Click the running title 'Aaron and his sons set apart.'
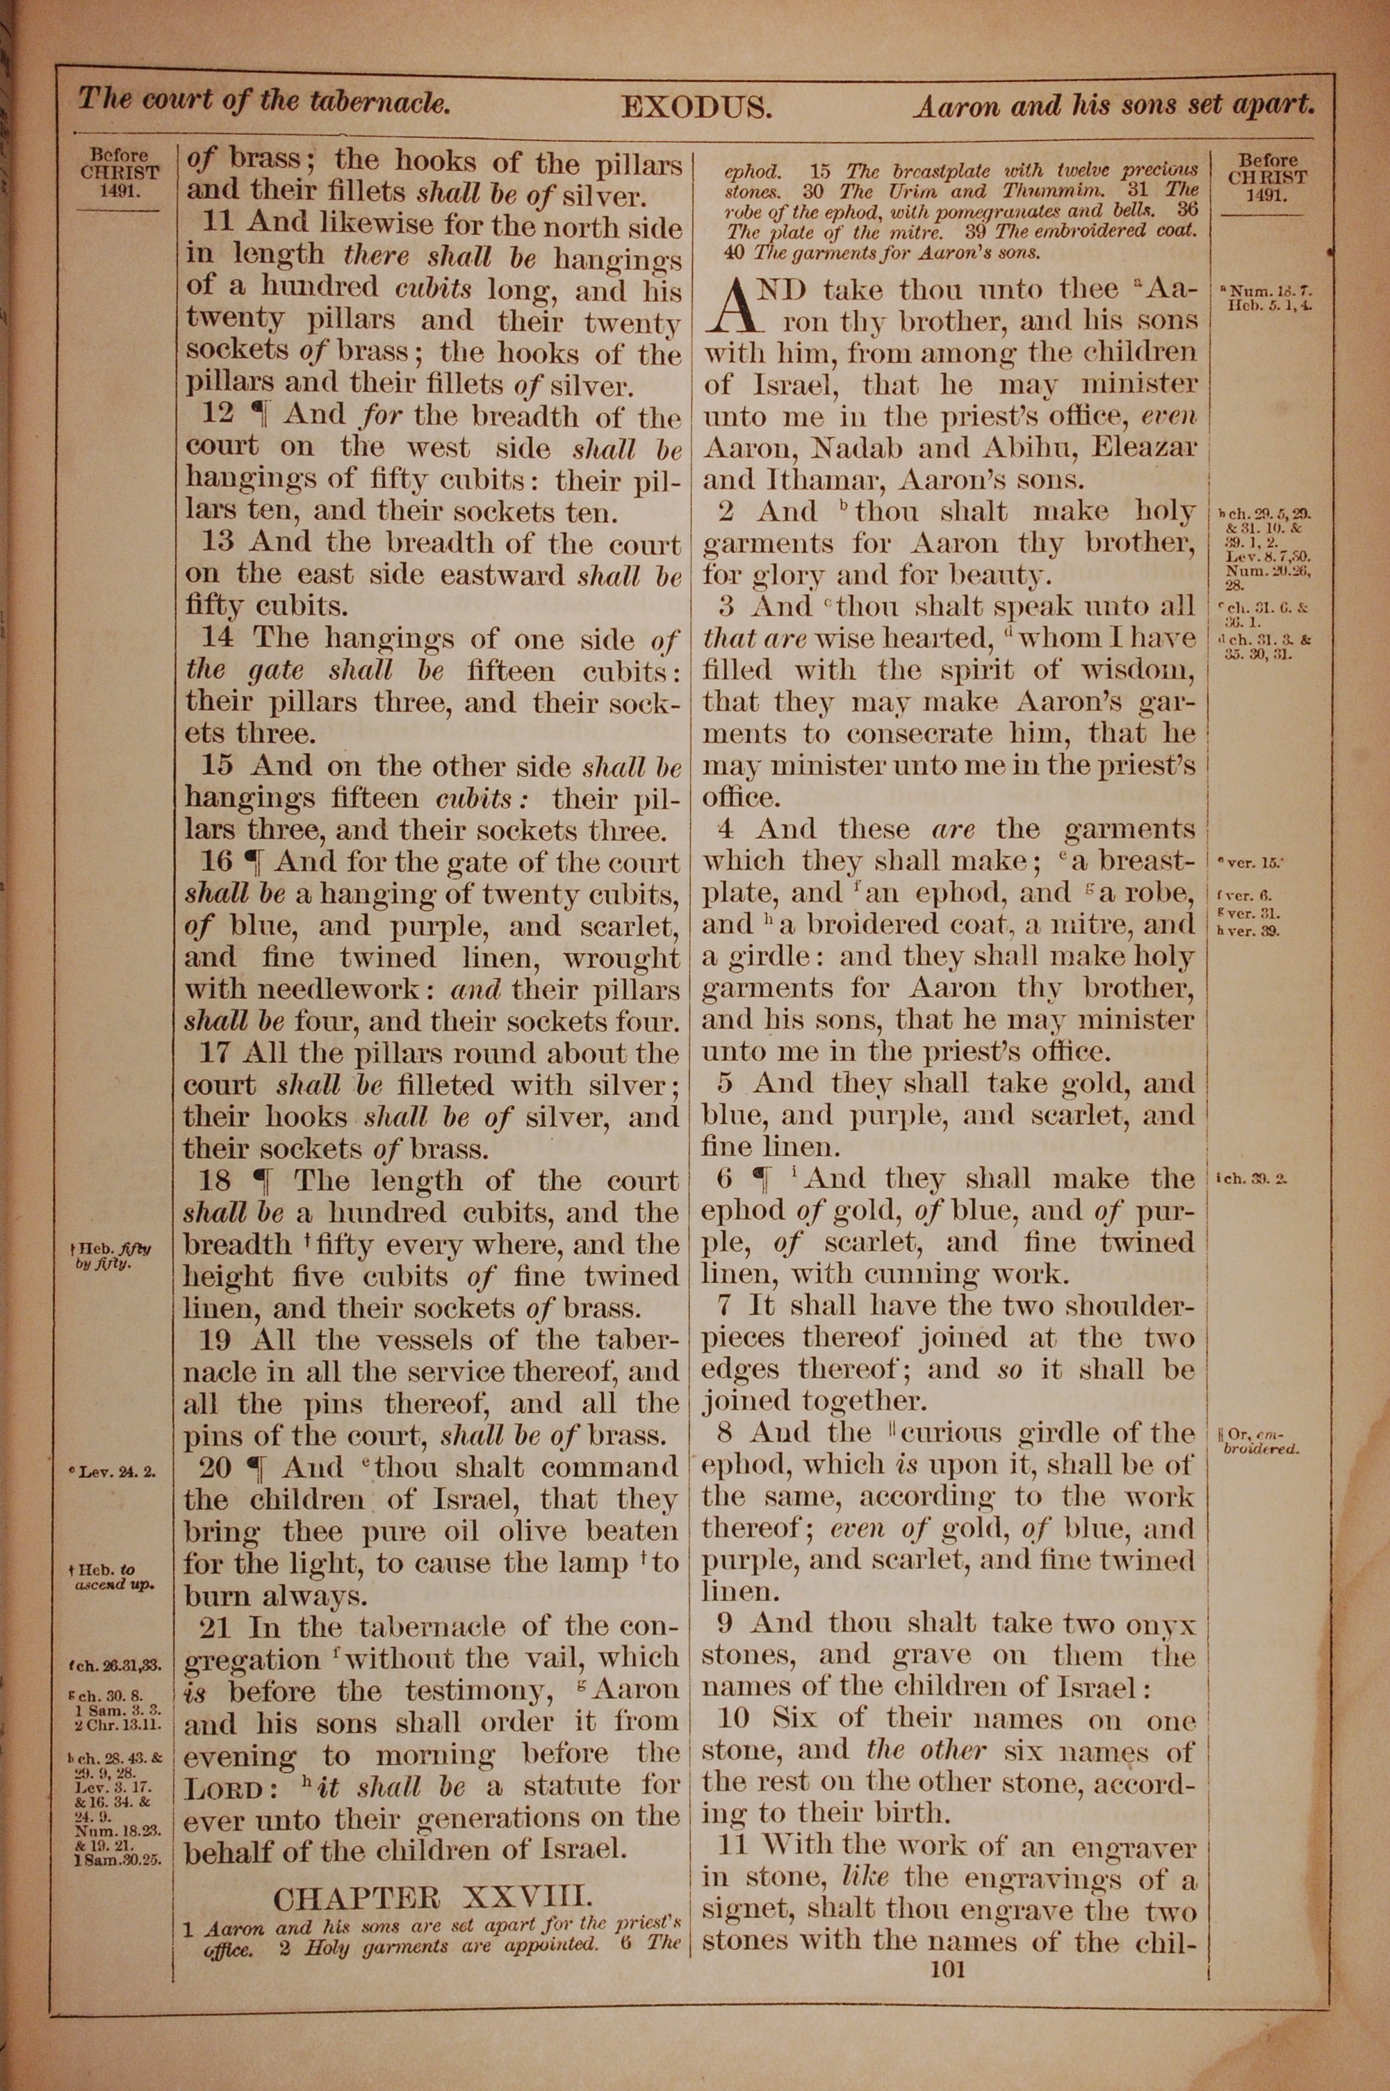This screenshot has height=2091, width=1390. pyautogui.click(x=1114, y=106)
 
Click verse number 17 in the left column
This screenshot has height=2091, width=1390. pyautogui.click(x=213, y=1053)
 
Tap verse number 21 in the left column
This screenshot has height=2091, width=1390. pyautogui.click(x=215, y=1627)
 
